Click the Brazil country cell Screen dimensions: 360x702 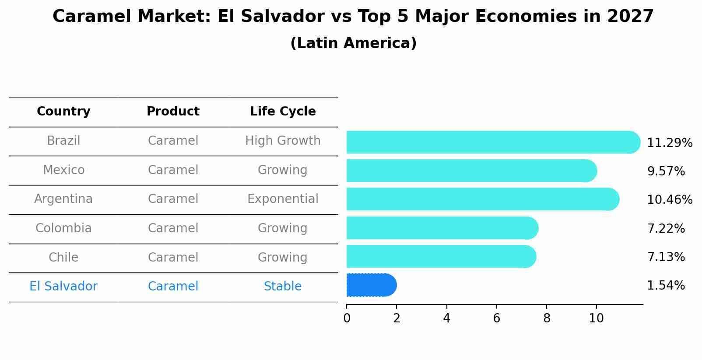(63, 141)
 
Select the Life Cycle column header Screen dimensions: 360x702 (283, 112)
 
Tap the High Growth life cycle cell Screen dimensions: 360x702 (283, 141)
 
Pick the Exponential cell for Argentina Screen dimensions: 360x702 (283, 199)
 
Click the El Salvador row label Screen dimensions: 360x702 (63, 287)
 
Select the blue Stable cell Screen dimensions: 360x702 (283, 287)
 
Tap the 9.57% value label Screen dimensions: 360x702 (666, 171)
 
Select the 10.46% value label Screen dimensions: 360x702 (670, 200)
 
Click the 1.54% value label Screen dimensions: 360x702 (666, 286)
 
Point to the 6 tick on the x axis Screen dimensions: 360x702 (497, 318)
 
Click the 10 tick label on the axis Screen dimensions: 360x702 (596, 318)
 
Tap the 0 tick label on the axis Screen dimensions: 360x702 (347, 318)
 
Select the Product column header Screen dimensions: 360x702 (173, 112)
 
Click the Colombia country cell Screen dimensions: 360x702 (63, 228)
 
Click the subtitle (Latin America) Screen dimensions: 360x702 (353, 43)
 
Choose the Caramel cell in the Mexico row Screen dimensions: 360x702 (173, 170)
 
